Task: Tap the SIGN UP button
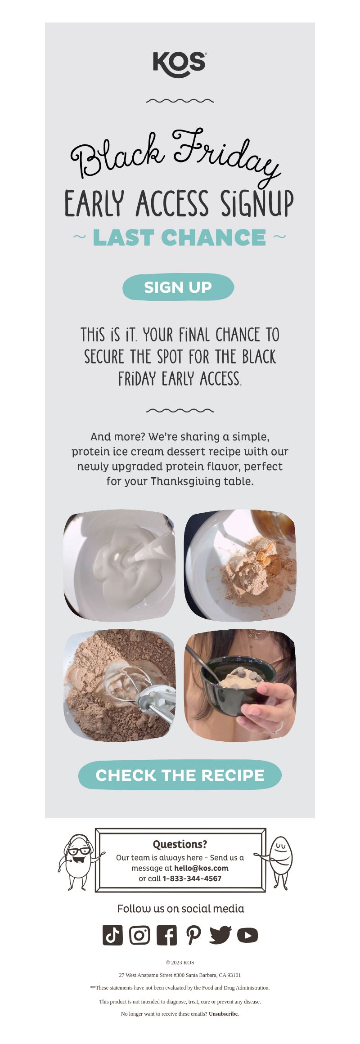[178, 287]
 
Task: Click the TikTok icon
[112, 935]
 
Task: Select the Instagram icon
[139, 935]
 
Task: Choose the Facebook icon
[166, 935]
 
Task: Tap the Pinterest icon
[193, 935]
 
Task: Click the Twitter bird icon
[220, 935]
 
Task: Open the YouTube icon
[247, 935]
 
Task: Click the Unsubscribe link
[223, 1014]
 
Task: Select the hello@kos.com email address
[201, 868]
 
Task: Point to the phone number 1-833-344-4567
[192, 878]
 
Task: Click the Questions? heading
[180, 844]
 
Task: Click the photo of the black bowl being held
[240, 686]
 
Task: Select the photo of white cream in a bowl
[120, 565]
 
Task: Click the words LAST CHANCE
[179, 237]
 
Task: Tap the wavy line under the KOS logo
[180, 101]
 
